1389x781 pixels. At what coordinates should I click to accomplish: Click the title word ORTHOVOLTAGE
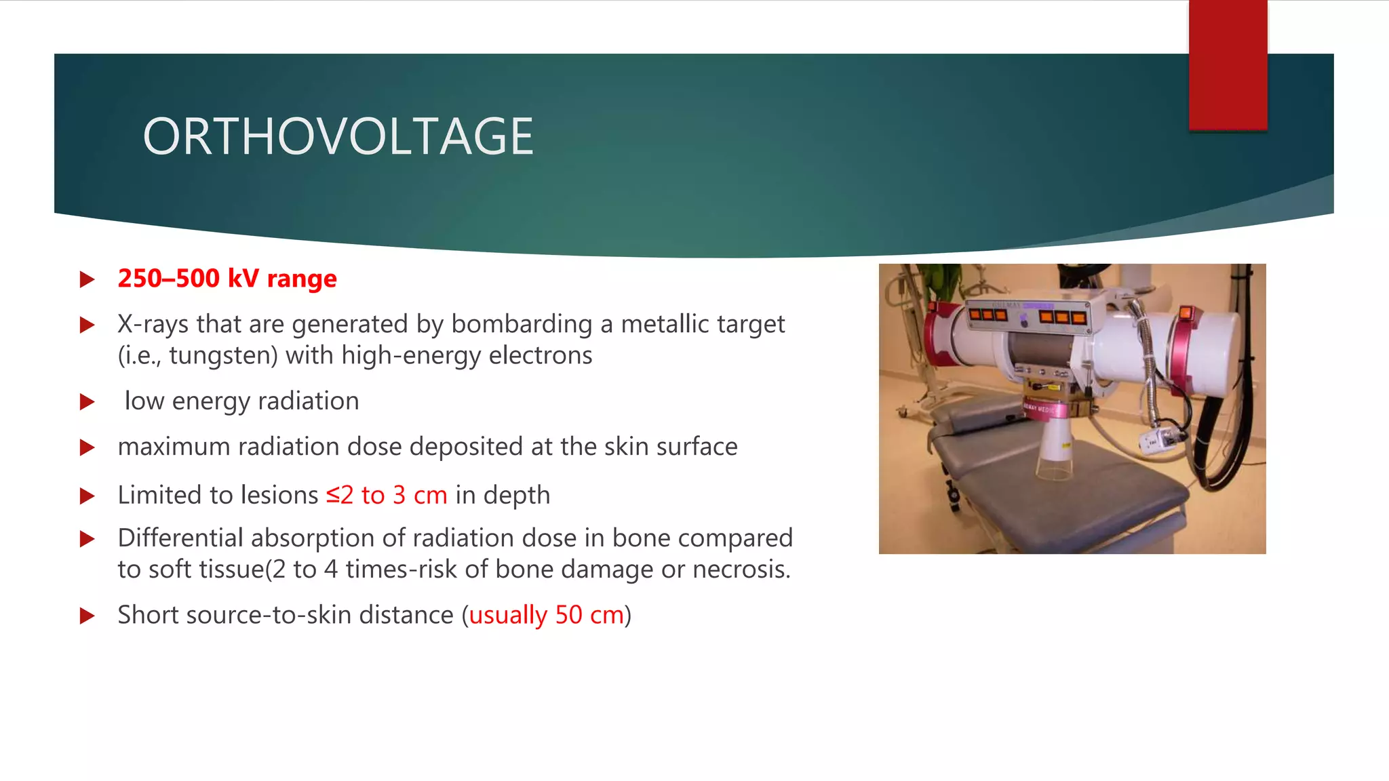[x=338, y=137]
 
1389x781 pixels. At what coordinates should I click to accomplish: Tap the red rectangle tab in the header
[x=1228, y=65]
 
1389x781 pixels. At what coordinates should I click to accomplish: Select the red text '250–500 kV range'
[x=227, y=279]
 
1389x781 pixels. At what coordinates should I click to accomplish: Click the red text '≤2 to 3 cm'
[x=387, y=496]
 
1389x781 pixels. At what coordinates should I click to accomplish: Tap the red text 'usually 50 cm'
[x=546, y=616]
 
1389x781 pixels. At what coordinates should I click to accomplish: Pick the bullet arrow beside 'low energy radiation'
[x=87, y=402]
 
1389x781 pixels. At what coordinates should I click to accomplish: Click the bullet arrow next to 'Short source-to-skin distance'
[x=87, y=616]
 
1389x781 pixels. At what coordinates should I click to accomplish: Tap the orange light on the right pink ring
[x=1186, y=313]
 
